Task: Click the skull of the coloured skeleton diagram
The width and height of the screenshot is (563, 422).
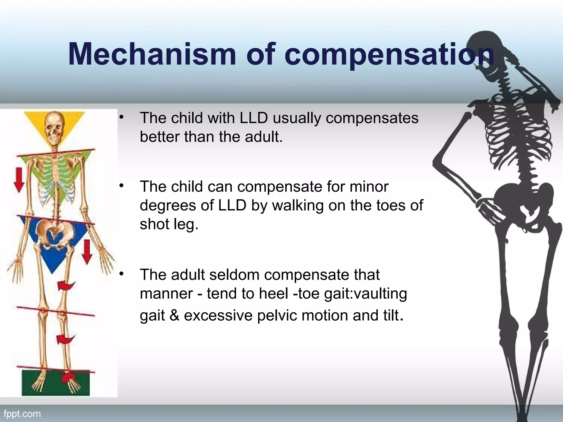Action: [x=54, y=129]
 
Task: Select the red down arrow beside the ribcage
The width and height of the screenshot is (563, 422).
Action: [x=19, y=180]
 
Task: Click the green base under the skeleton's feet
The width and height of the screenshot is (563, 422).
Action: [x=55, y=383]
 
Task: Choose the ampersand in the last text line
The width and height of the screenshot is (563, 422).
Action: [x=174, y=315]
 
